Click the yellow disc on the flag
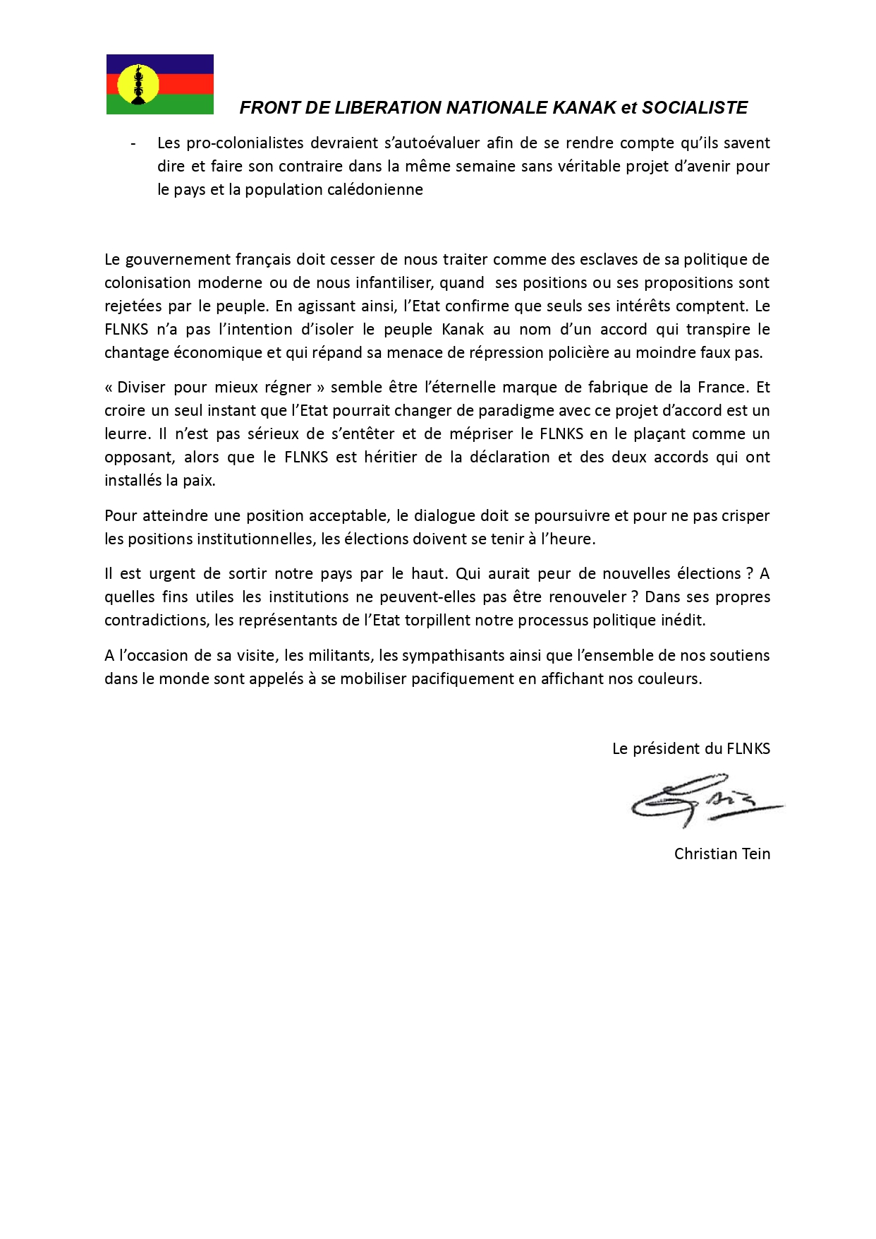click(138, 84)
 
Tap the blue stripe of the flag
click(183, 64)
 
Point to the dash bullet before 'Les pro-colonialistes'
click(133, 143)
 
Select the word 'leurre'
click(126, 434)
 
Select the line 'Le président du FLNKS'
click(691, 749)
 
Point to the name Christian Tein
click(722, 854)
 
